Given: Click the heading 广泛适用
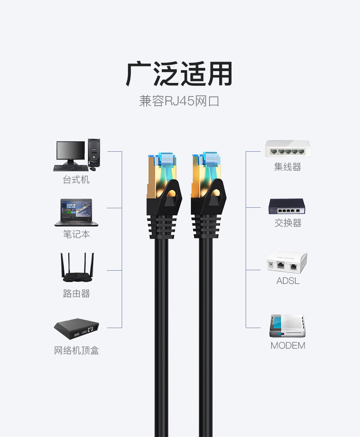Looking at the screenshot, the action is [179, 74].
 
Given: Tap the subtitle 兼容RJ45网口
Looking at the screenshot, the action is [179, 101].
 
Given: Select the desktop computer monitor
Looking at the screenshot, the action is [71, 153].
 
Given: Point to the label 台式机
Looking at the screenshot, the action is [76, 180].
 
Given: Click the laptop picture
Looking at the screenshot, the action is [76, 212].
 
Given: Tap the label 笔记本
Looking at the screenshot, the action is [77, 234].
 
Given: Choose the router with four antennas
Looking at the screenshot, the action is [77, 267].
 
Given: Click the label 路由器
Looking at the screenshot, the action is [77, 293].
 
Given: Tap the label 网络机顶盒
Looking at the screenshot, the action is [77, 350].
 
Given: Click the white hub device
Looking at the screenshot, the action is [287, 149].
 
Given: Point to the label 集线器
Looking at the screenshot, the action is [288, 167].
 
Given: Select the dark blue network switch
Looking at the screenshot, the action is [287, 206].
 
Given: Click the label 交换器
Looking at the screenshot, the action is [288, 223].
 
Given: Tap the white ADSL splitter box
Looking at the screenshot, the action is [287, 262].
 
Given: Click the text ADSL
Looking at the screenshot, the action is [288, 281].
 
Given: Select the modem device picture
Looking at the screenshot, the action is [287, 326].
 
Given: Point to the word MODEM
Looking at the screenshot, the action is [288, 345].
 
